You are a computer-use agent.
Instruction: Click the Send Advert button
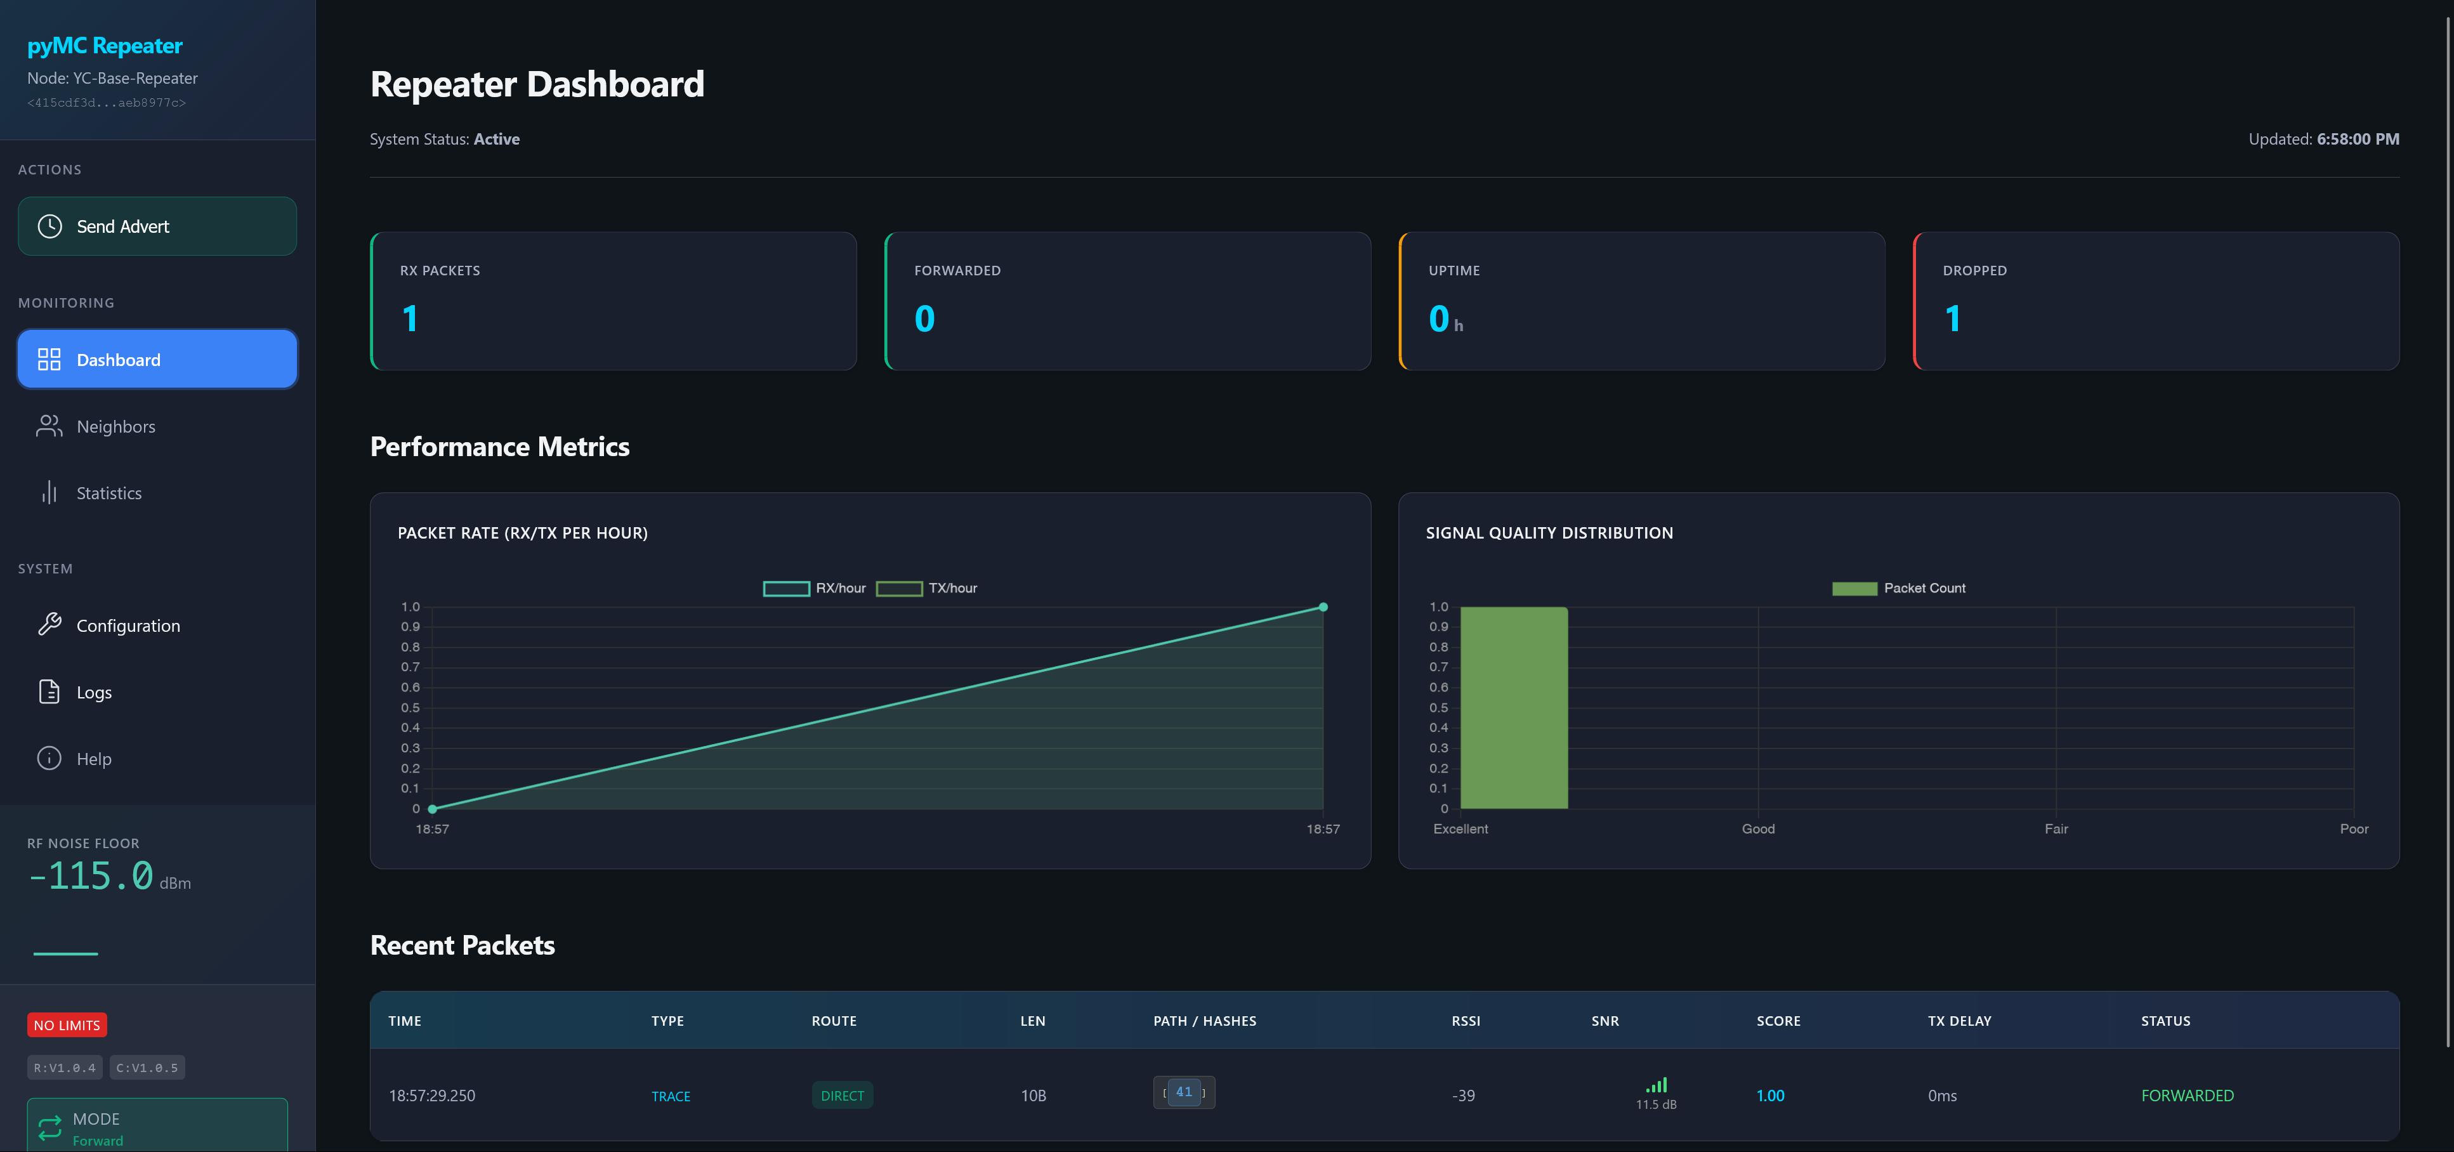click(157, 226)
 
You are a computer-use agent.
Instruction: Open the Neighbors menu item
click(115, 426)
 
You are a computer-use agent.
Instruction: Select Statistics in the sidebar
click(108, 493)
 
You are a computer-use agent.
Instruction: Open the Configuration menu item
click(128, 625)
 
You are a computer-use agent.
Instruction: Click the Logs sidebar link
click(93, 692)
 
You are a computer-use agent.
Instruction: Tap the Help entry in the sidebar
click(93, 759)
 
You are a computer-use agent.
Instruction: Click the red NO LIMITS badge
click(67, 1024)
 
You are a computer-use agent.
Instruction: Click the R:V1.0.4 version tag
click(65, 1067)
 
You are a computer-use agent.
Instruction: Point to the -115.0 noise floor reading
click(91, 875)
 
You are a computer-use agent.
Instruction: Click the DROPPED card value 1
click(1952, 318)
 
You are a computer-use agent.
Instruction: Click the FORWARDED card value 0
click(924, 318)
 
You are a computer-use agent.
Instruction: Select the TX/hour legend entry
click(927, 588)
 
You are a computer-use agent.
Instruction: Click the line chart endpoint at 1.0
click(1322, 607)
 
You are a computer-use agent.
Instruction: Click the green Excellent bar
click(1514, 707)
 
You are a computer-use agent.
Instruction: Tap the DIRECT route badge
click(842, 1096)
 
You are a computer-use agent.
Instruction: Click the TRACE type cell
click(671, 1096)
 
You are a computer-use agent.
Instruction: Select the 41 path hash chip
click(1183, 1092)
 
